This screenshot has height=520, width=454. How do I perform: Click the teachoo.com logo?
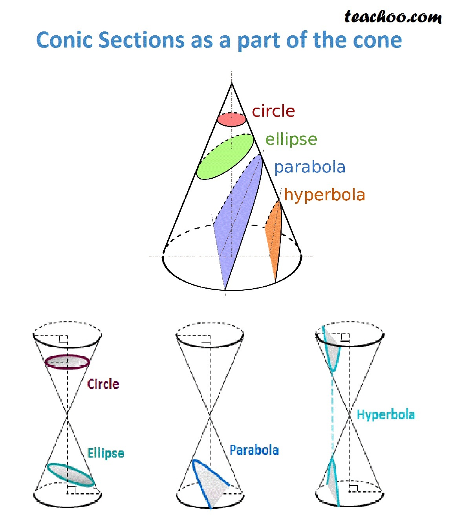click(x=393, y=17)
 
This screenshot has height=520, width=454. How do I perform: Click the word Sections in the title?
click(x=141, y=40)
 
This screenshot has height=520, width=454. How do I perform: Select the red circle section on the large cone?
click(x=231, y=119)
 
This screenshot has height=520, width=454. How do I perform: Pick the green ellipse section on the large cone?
click(x=225, y=157)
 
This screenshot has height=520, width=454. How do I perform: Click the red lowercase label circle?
click(x=273, y=111)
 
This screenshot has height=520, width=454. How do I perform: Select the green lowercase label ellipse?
click(x=291, y=140)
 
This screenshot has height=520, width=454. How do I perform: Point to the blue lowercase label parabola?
click(x=310, y=167)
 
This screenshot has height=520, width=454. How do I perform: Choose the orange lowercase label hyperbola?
click(x=324, y=196)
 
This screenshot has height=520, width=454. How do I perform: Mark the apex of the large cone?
click(x=232, y=83)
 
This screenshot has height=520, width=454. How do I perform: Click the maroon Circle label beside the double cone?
click(x=103, y=384)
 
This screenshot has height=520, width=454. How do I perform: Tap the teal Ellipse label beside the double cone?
click(x=105, y=453)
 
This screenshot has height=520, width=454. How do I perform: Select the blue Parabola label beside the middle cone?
click(x=254, y=450)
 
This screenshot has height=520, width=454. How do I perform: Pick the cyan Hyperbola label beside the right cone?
click(x=386, y=414)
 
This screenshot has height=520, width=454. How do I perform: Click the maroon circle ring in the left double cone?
click(x=67, y=368)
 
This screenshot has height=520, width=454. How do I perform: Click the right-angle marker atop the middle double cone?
click(x=206, y=340)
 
